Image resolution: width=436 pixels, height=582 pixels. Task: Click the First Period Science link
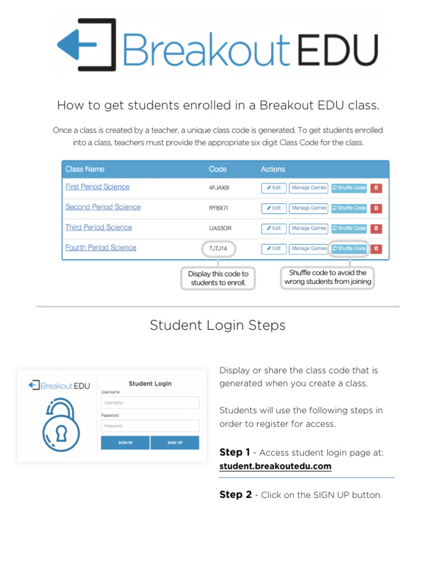click(97, 187)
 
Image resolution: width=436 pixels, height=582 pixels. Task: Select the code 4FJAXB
click(219, 188)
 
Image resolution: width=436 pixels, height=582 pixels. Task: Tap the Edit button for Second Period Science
click(274, 208)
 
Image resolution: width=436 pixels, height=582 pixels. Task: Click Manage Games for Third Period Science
click(309, 228)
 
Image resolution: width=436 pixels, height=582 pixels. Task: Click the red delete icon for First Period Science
click(376, 188)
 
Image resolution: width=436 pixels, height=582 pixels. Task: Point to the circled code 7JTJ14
click(218, 248)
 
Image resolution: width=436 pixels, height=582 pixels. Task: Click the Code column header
click(217, 169)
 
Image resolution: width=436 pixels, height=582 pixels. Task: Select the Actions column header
click(272, 169)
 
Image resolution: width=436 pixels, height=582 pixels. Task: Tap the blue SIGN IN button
click(125, 443)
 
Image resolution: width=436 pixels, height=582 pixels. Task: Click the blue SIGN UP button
click(175, 443)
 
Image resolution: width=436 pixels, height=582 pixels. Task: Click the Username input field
click(150, 402)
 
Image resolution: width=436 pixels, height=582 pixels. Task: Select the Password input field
click(150, 426)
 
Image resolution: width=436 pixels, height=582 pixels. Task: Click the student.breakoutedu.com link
click(275, 467)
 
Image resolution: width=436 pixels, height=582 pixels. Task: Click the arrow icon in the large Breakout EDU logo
click(85, 44)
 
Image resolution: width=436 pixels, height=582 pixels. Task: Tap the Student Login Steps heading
click(217, 325)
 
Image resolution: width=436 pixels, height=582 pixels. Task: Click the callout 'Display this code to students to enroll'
click(218, 278)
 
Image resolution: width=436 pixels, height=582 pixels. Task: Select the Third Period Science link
click(98, 227)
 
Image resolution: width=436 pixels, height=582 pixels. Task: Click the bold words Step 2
click(235, 495)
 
